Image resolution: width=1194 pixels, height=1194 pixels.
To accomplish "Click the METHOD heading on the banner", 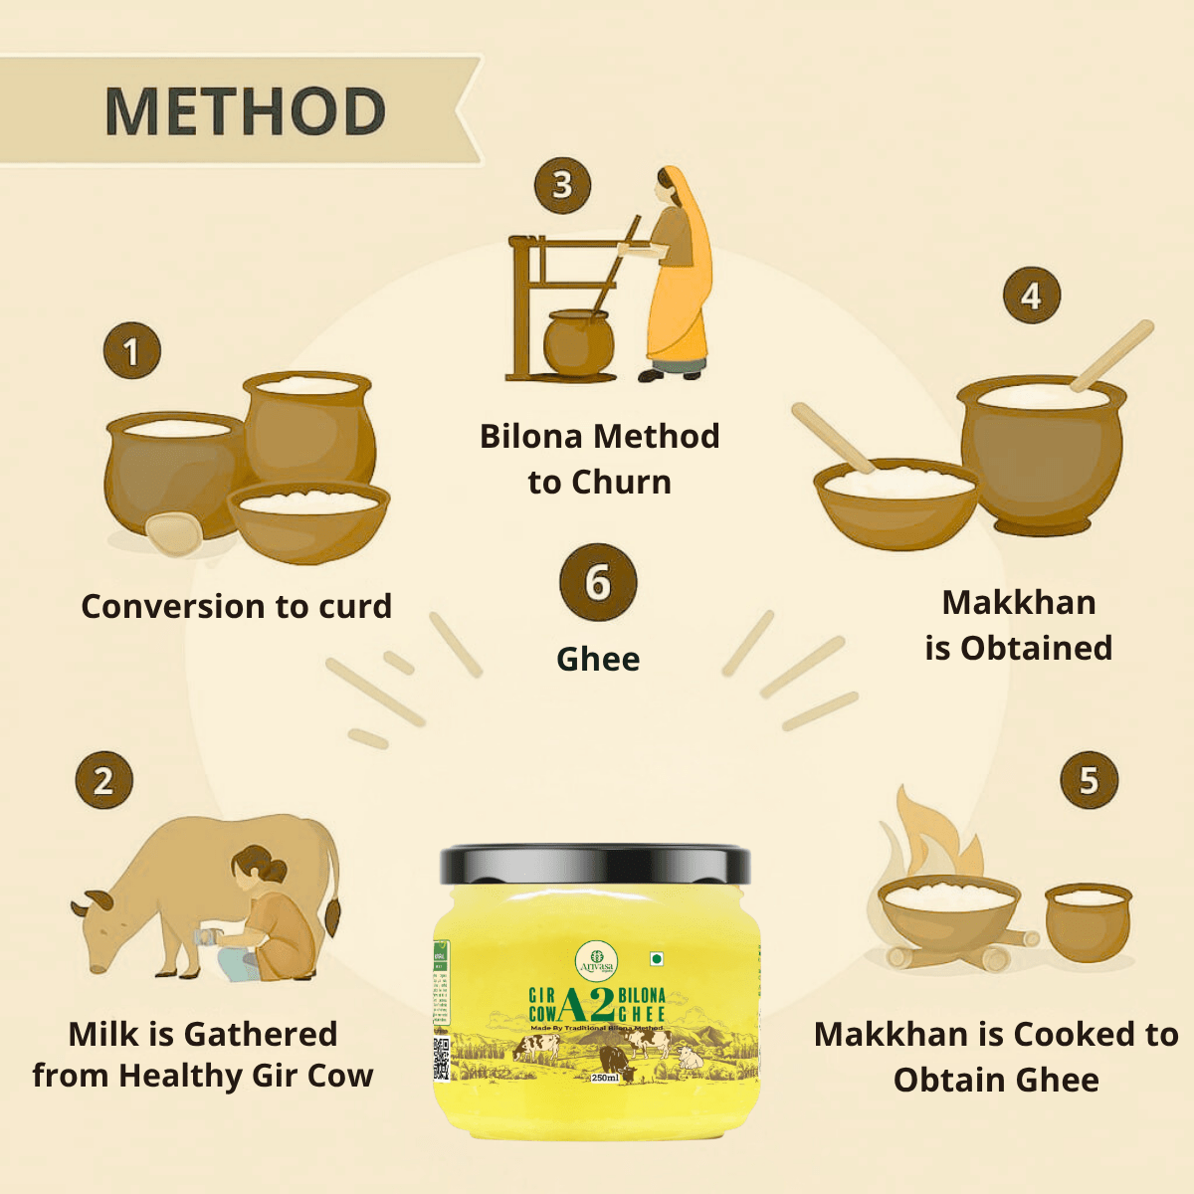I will tap(245, 110).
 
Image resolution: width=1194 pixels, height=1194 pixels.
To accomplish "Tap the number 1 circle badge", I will tap(131, 351).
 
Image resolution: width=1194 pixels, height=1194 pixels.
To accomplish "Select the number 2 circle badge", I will tap(103, 780).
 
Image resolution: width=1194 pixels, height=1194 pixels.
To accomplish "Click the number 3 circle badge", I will tap(562, 185).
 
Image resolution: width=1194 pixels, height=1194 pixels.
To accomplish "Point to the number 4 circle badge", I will tap(1031, 296).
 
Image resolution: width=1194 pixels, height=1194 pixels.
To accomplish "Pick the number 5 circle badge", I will tap(1089, 780).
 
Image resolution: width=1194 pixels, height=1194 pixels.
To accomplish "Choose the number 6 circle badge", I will tap(597, 583).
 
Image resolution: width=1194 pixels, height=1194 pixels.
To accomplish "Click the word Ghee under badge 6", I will tap(597, 659).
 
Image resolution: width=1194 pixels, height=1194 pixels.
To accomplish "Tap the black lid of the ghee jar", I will tap(595, 864).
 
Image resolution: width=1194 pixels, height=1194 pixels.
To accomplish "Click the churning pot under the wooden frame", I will tap(577, 343).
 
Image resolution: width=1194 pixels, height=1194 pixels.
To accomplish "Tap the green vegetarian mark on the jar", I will tap(657, 959).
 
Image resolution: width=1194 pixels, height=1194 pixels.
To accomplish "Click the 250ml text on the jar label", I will tap(604, 1078).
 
